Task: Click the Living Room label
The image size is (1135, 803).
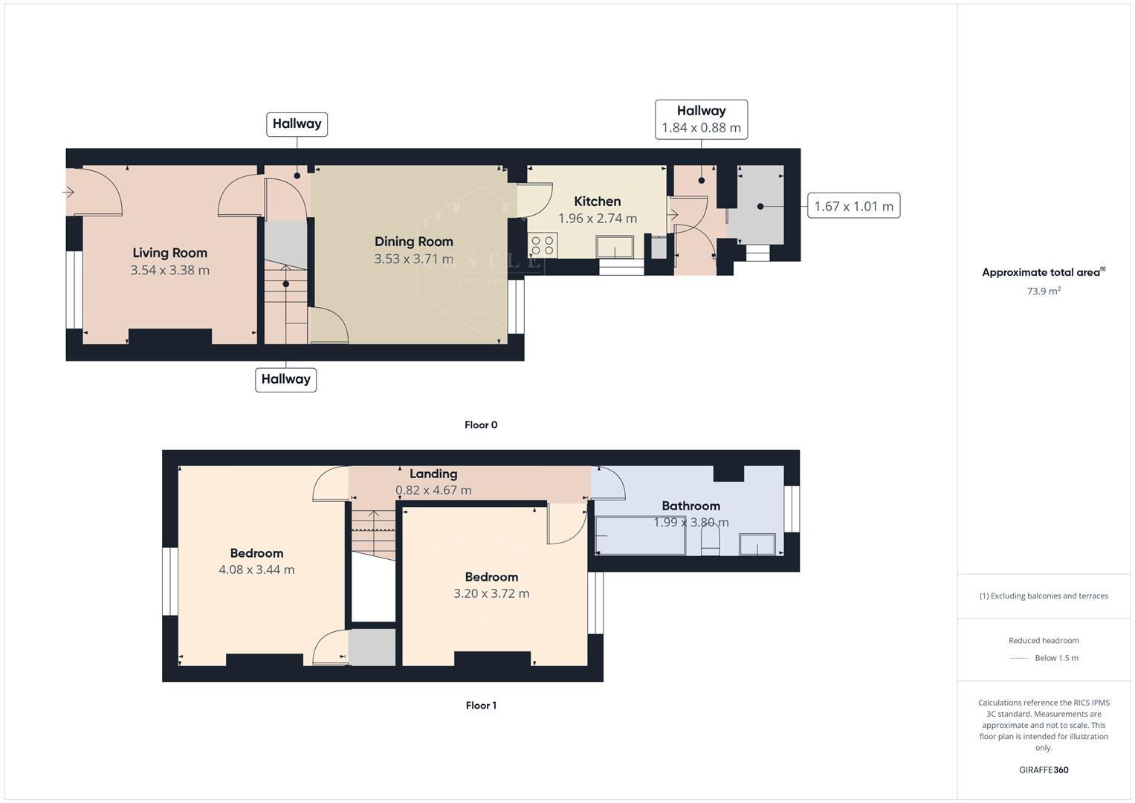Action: point(169,253)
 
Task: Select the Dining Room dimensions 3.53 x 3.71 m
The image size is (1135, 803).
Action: point(413,259)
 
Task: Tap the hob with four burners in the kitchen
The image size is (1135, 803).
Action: point(543,245)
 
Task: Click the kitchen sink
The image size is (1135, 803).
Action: point(615,246)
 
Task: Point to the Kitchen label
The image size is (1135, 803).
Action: point(597,201)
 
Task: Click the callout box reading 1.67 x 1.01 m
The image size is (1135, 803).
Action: point(853,207)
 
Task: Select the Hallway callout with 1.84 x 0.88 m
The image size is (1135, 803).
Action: point(701,119)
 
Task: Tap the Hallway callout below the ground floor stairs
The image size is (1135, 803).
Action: point(285,379)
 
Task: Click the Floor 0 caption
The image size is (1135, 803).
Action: point(481,425)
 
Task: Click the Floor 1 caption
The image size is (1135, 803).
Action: point(481,706)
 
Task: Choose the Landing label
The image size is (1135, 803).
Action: point(433,474)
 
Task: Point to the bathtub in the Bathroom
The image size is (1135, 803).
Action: point(639,536)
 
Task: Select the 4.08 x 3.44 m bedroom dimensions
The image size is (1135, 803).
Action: point(256,570)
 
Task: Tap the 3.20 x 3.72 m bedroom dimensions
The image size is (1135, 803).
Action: point(491,593)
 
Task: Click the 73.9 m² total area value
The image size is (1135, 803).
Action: point(1044,291)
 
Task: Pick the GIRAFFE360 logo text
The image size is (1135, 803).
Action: point(1044,770)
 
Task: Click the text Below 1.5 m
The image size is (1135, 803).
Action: point(1056,658)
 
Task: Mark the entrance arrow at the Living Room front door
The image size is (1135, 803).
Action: point(68,193)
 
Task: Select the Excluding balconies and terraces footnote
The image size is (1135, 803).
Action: point(1044,596)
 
